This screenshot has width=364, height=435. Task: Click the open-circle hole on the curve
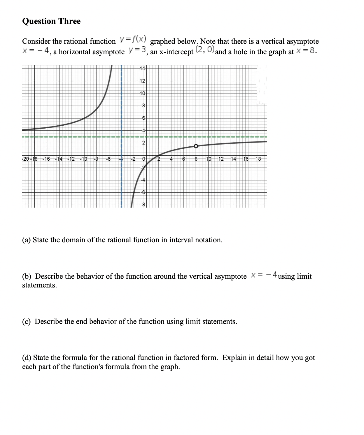pyautogui.click(x=196, y=146)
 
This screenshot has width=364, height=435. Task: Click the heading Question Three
pyautogui.click(x=51, y=21)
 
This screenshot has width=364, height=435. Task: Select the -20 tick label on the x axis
pyautogui.click(x=26, y=159)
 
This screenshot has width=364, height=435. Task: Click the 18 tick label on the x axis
pyautogui.click(x=258, y=159)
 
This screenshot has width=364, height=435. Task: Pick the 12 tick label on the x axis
pyautogui.click(x=221, y=159)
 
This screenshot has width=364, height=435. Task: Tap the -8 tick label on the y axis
pyautogui.click(x=143, y=204)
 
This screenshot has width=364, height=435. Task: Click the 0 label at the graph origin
pyautogui.click(x=143, y=159)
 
